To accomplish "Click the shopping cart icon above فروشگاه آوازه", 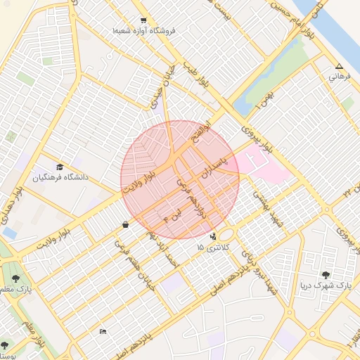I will click(144, 20).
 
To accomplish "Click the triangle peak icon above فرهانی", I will click(338, 66).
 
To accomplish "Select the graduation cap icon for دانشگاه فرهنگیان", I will click(60, 167).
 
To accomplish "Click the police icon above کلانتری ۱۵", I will click(213, 237).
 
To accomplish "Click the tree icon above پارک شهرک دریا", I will click(326, 275).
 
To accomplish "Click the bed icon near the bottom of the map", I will click(103, 331).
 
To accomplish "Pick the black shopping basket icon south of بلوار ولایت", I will click(125, 225).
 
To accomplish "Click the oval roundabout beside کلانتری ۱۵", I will click(226, 234).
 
